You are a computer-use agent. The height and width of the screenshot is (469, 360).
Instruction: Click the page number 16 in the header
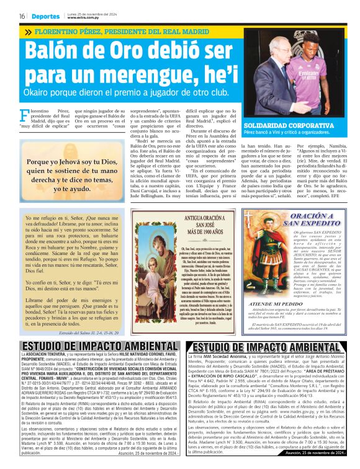[21, 16]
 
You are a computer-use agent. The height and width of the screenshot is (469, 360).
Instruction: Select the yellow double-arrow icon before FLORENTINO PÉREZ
[28, 30]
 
